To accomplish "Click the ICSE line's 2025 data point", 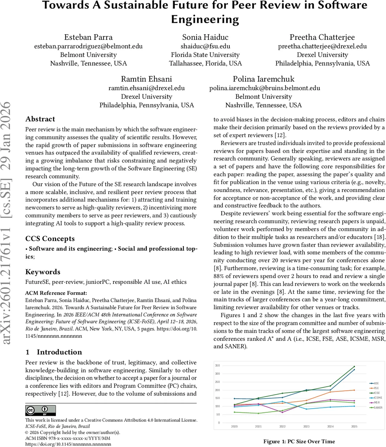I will pos(354,367).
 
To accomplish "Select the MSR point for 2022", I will pos(282,412).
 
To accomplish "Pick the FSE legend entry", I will pos(376,388).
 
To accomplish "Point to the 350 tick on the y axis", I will pos(217,365).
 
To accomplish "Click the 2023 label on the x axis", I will pos(306,426).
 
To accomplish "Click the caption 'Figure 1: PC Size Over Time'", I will pos(299,441).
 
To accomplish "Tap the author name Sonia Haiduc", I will pos(205,37).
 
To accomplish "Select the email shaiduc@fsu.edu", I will pos(205,46).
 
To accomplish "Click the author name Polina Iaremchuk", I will pos(264,79).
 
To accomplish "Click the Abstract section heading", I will pos(40,119).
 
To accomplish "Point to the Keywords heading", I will pos(43,272).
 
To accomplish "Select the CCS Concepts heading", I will pos(50,239).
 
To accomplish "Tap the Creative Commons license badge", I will pos(41,410).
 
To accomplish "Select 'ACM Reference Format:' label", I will pos(56,293).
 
